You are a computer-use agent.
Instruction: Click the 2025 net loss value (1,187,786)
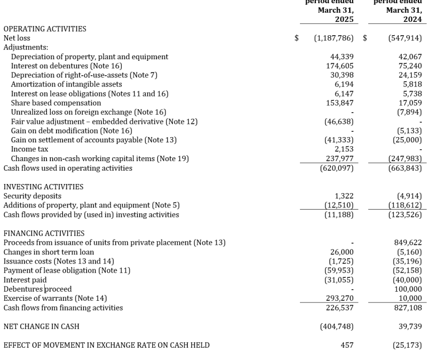tap(334, 38)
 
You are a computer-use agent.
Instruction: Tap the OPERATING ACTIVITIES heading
tap(45, 29)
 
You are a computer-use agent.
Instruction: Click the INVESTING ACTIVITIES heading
tap(43, 187)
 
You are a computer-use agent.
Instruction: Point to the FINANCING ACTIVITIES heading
tap(44, 233)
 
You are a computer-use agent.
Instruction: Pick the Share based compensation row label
tap(56, 103)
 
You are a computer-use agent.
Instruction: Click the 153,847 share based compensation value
tap(339, 103)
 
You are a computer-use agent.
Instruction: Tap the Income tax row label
tap(29, 149)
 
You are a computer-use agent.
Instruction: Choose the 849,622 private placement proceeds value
tap(408, 243)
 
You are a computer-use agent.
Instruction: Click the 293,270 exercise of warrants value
tap(339, 298)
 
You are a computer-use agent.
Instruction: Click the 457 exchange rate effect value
tap(347, 345)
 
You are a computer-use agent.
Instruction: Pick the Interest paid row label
tap(25, 279)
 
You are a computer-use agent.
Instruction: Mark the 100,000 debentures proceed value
tap(408, 289)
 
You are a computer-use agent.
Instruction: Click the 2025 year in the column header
tap(344, 19)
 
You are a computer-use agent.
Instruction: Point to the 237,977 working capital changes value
tap(339, 158)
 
